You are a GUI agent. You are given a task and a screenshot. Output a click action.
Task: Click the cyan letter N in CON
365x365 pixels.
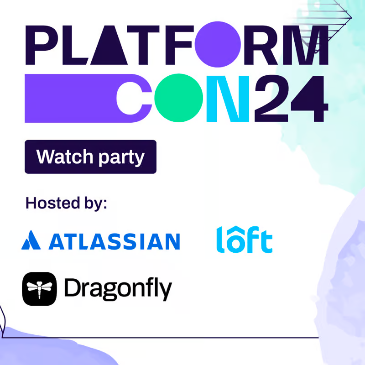pyautogui.click(x=228, y=99)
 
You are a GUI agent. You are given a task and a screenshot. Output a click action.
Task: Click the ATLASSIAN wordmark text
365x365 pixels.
pyautogui.click(x=114, y=241)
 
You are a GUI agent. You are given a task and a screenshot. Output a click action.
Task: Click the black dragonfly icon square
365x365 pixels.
pyautogui.click(x=40, y=288)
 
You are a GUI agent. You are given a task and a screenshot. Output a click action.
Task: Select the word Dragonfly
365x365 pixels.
pyautogui.click(x=118, y=289)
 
